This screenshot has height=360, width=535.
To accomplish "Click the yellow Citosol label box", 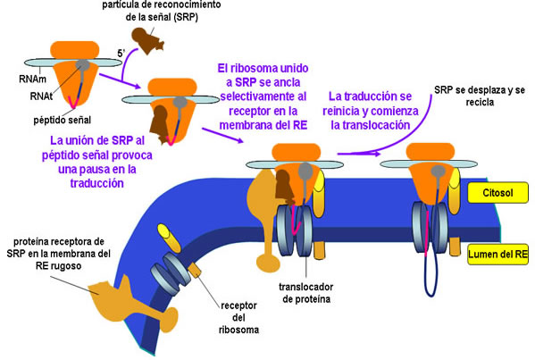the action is click(497, 193).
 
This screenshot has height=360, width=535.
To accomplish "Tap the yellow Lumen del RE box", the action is click(497, 255).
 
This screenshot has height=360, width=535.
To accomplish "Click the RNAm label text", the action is click(32, 80).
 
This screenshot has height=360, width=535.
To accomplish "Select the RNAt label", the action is click(41, 96).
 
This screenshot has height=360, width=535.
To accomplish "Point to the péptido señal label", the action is click(63, 120).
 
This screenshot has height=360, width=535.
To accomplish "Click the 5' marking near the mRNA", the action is click(121, 54).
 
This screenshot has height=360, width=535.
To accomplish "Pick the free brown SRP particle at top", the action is click(147, 40).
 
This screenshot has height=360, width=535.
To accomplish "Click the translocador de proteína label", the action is click(306, 293).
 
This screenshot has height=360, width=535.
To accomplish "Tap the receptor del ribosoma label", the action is click(238, 318).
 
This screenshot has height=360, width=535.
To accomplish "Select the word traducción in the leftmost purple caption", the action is click(96, 183).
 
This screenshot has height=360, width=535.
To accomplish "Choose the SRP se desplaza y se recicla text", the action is click(480, 96).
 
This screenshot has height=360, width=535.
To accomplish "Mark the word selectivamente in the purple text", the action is click(263, 96).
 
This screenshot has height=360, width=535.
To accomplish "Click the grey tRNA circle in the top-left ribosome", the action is click(82, 65).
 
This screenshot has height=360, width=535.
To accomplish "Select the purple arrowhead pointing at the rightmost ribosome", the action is click(376, 154).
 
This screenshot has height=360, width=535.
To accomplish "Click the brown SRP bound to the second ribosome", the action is click(161, 124).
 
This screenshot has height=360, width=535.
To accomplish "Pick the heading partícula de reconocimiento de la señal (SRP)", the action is click(162, 11).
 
